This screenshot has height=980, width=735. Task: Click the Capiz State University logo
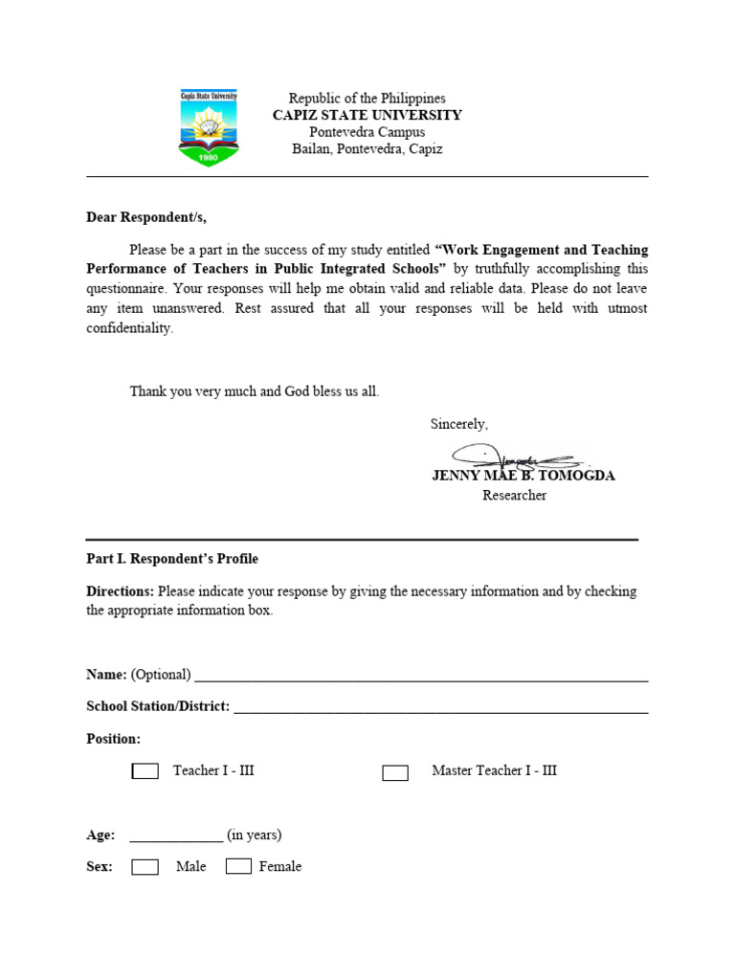click(x=209, y=127)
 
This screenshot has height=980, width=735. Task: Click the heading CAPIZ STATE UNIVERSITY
click(x=367, y=115)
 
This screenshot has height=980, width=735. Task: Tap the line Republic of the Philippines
click(x=367, y=99)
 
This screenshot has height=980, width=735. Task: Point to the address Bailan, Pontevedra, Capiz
click(x=367, y=149)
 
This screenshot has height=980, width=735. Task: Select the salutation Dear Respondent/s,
click(x=145, y=217)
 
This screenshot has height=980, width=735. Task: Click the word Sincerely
click(x=458, y=424)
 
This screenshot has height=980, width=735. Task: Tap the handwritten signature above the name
click(x=512, y=457)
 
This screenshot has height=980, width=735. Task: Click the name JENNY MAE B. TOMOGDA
click(x=523, y=476)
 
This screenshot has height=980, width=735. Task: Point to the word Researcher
click(x=514, y=496)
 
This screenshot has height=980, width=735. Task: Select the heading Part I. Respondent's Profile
click(x=172, y=559)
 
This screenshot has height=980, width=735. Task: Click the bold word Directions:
click(x=120, y=591)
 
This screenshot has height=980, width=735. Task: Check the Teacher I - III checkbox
click(x=145, y=771)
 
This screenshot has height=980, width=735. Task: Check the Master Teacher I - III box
click(x=395, y=772)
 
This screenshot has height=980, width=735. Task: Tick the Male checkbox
click(x=145, y=867)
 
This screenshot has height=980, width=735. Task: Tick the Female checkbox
click(x=238, y=867)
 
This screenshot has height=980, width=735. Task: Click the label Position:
click(x=113, y=739)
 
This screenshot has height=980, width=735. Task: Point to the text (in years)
click(x=255, y=835)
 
